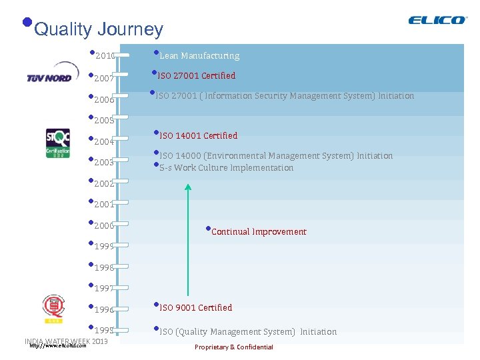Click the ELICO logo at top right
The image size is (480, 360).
[x=437, y=20]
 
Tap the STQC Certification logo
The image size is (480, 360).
[x=57, y=143]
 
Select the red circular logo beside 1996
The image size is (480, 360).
[x=53, y=307]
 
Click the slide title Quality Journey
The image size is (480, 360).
[x=98, y=29]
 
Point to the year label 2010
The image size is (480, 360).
[x=105, y=56]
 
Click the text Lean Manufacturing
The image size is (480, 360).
[x=199, y=56]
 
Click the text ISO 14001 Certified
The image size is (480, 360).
[x=198, y=136]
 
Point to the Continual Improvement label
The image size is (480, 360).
[x=259, y=232]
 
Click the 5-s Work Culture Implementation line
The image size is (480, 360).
[x=226, y=168]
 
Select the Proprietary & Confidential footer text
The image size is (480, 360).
[x=233, y=347]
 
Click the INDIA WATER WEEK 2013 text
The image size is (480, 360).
[x=66, y=341]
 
